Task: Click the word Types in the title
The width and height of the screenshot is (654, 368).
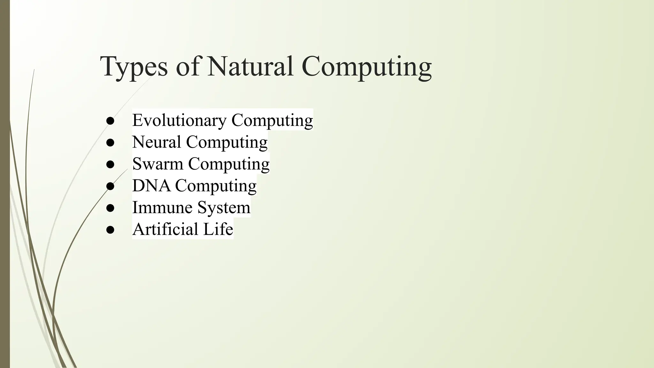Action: tap(134, 67)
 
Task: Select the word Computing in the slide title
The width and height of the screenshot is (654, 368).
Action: tap(367, 67)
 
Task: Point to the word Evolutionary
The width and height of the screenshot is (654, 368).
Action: tap(179, 120)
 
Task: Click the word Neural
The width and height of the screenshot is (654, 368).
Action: tap(156, 142)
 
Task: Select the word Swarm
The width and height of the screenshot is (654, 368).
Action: tap(158, 164)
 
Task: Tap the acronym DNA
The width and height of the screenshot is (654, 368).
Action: tap(151, 186)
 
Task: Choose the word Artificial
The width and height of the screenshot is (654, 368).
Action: tap(165, 229)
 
